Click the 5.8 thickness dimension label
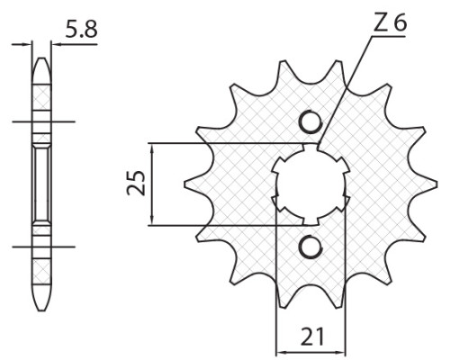coord(81,30)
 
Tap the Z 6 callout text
coord(390,23)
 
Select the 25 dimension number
coord(136,183)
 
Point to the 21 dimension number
coord(312,337)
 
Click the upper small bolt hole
coord(310,121)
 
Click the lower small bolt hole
coord(310,247)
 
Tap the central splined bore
coord(310,184)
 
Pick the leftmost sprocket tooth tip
coord(184,184)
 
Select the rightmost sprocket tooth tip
coord(436,184)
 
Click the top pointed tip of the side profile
coord(41,58)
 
